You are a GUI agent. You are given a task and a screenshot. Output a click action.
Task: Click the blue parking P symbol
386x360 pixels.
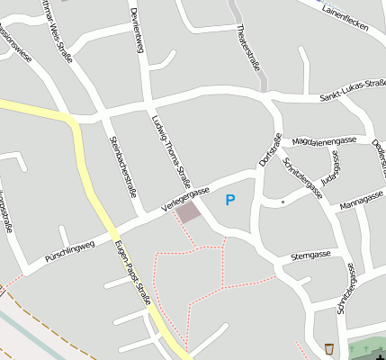(230, 200)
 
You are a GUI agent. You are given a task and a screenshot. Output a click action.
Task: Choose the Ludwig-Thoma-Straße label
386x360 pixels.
(169, 144)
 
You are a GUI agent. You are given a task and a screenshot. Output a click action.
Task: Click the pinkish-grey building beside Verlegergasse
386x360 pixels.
(188, 212)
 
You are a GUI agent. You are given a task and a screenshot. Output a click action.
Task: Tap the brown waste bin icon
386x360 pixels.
(330, 348)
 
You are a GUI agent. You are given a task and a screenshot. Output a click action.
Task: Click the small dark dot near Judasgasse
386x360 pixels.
(283, 202)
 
